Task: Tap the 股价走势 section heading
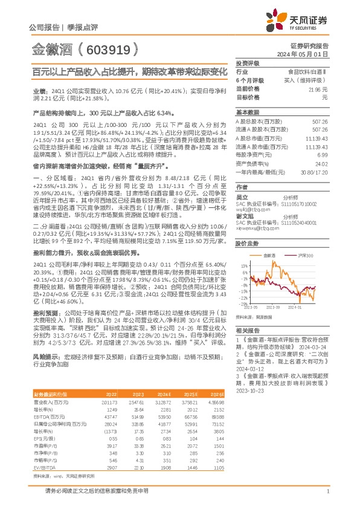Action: coord(246,244)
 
